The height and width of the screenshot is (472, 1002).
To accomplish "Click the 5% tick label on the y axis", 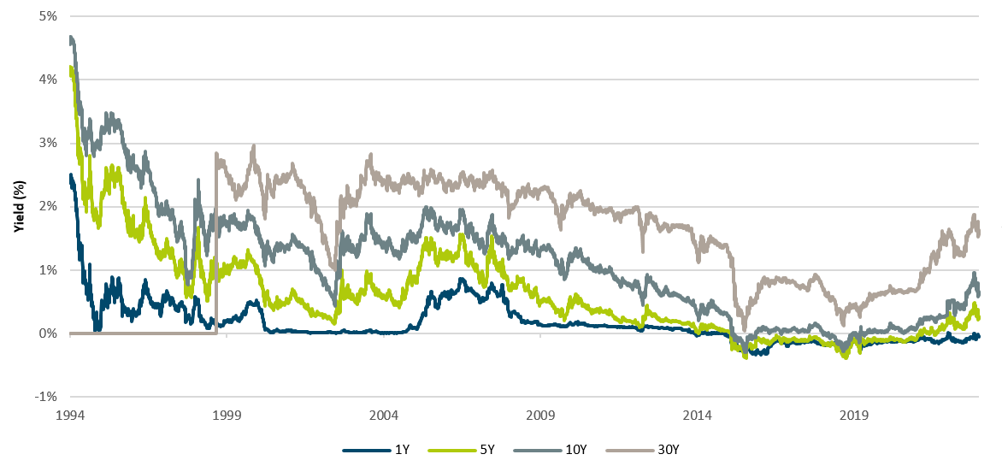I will tap(49, 15).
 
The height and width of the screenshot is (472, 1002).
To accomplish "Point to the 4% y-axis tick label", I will tap(49, 80).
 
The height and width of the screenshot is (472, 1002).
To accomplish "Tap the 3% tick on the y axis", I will tap(49, 143).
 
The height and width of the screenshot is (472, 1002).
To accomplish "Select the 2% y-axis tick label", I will tap(49, 206).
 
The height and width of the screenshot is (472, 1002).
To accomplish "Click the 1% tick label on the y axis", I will tap(49, 270).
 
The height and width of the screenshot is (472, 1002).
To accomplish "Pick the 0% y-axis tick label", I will tap(49, 333).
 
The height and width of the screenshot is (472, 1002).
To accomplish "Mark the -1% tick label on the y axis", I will tap(47, 397).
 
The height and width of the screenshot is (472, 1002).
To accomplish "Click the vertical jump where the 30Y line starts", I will tap(215, 248).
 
